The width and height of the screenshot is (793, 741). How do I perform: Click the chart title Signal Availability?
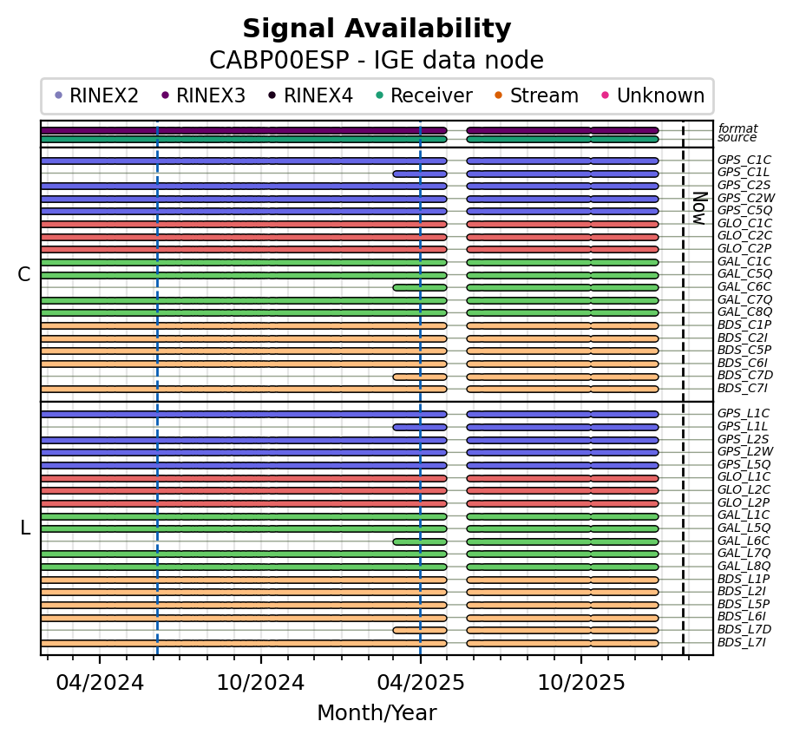click(x=377, y=30)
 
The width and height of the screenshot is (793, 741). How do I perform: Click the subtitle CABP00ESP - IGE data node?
click(x=377, y=61)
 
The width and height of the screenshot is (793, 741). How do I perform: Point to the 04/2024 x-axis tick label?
click(x=100, y=683)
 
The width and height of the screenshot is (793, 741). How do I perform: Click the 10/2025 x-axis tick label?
click(x=581, y=683)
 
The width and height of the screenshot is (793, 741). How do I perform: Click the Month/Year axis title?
click(x=377, y=713)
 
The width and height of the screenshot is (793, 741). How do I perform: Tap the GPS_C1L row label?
click(x=744, y=173)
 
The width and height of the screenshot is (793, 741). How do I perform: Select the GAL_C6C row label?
click(x=744, y=286)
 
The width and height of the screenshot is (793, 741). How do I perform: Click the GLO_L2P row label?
click(x=744, y=502)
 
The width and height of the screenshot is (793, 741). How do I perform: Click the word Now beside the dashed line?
click(x=698, y=207)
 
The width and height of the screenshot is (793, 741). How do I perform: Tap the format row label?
click(x=737, y=128)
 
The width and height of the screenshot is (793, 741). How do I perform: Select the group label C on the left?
click(x=24, y=274)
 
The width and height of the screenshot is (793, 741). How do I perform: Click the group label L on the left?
click(x=24, y=528)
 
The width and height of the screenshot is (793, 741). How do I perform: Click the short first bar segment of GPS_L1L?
click(x=420, y=427)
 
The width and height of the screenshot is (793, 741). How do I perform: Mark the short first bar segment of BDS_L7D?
click(x=420, y=630)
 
